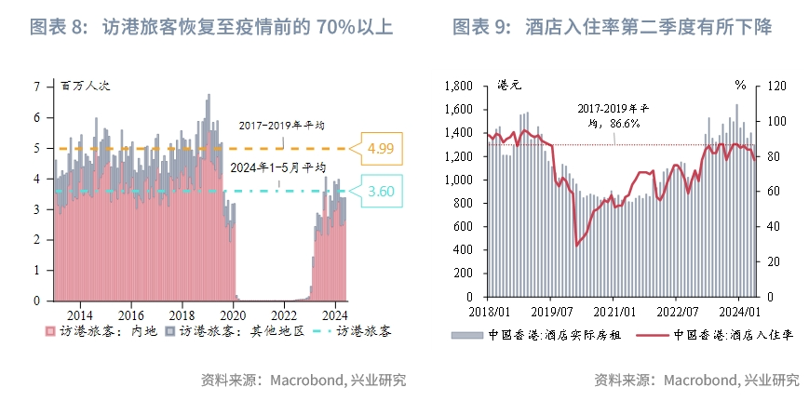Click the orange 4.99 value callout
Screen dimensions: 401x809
(381, 148)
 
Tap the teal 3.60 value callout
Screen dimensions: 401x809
(381, 192)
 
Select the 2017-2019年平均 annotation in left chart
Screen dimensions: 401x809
(281, 125)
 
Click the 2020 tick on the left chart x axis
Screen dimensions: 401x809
(233, 314)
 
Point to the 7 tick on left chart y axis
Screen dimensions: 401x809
(37, 87)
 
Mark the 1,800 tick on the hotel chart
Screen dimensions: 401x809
(459, 87)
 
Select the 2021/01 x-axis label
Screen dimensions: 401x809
(616, 314)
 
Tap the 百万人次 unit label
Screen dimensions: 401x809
(86, 86)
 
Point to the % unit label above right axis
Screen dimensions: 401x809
(741, 85)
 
